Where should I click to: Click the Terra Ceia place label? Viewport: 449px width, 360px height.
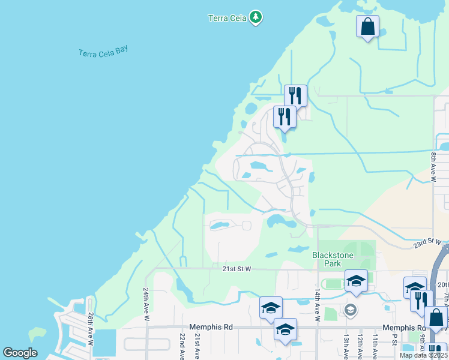tap(227, 17)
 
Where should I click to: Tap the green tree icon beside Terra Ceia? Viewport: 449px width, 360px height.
tap(256, 17)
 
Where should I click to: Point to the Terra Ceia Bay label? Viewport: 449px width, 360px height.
tap(104, 52)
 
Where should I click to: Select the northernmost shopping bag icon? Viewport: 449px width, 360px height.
tap(367, 26)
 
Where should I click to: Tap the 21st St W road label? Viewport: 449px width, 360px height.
tap(236, 269)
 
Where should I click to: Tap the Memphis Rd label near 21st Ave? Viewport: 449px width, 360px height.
tap(209, 328)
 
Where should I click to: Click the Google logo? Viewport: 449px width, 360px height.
tap(20, 353)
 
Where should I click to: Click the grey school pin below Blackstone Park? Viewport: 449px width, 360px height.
tap(351, 310)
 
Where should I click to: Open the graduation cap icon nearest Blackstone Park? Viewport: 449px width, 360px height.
tap(356, 281)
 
